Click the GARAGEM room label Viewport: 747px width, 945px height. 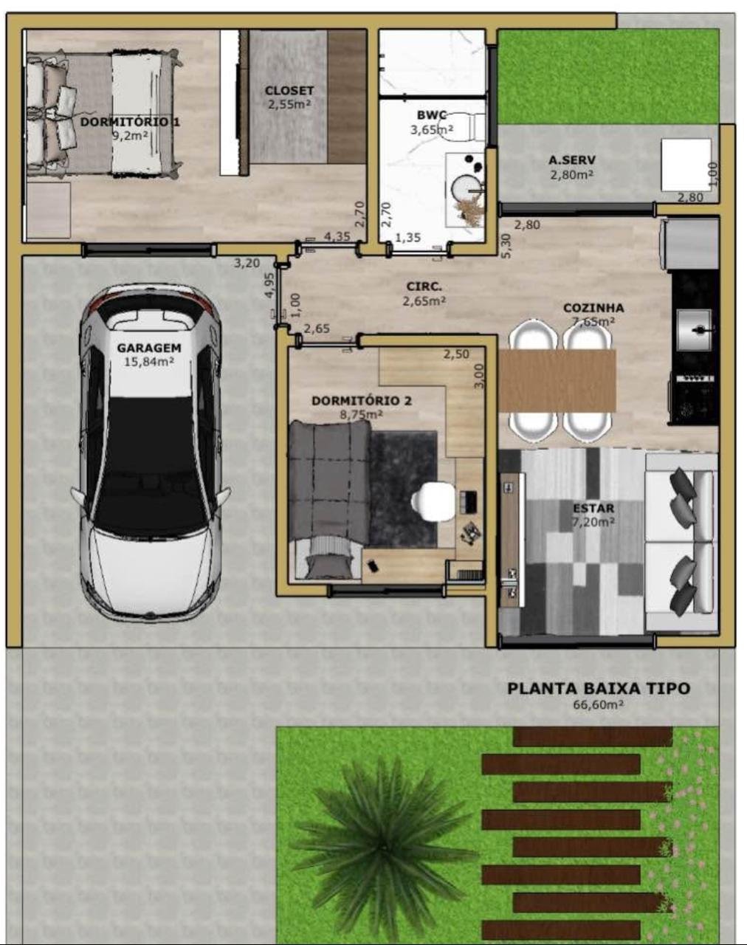point(149,348)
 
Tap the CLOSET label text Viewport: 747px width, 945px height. point(289,91)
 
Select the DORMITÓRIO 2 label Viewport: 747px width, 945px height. point(362,401)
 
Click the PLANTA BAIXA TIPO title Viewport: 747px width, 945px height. point(599,689)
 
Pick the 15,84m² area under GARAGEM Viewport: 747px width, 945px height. point(149,362)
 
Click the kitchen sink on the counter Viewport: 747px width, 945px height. point(695,329)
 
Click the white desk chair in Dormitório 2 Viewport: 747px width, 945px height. point(426,501)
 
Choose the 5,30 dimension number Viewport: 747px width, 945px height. point(507,246)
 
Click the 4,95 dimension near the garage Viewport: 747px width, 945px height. point(269,286)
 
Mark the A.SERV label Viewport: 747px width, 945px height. point(572,160)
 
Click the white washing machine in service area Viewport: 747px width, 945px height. point(686,165)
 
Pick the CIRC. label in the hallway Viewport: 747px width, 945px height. point(424,286)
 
